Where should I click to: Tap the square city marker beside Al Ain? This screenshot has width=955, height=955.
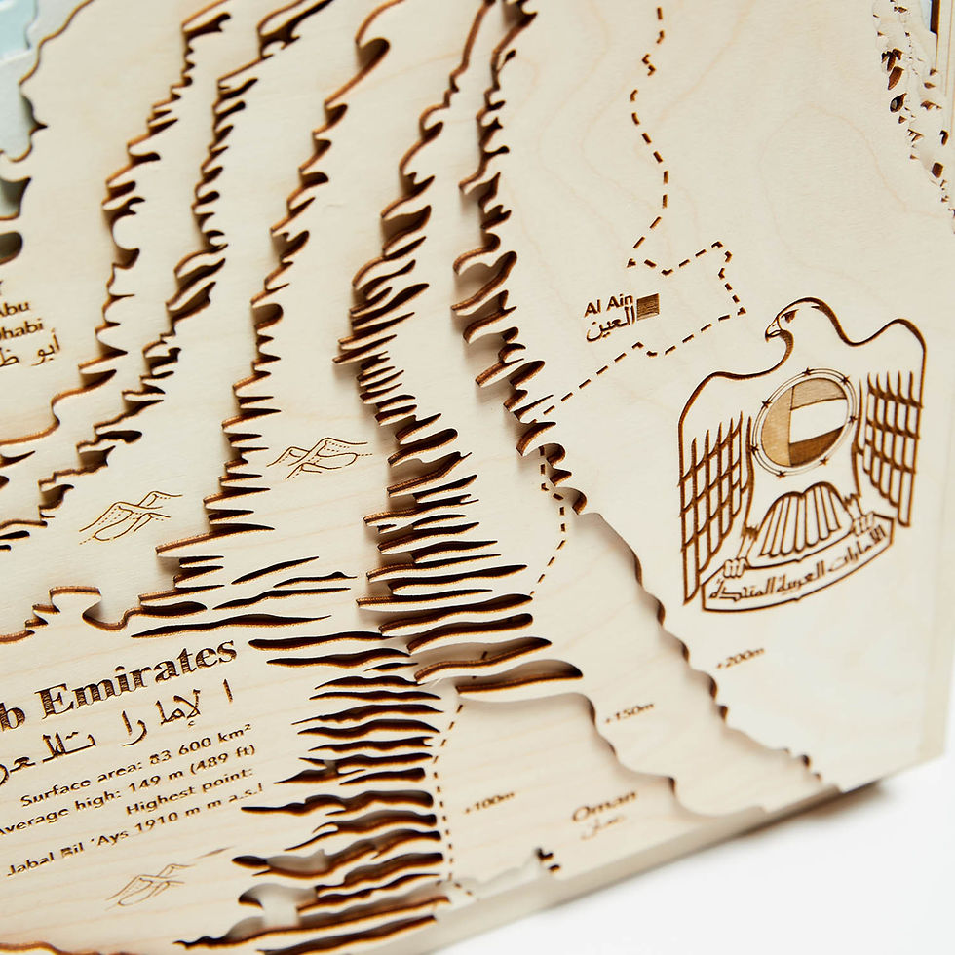(x=647, y=306)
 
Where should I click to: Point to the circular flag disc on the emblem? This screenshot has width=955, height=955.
(x=804, y=422)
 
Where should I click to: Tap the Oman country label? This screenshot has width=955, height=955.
(x=604, y=806)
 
